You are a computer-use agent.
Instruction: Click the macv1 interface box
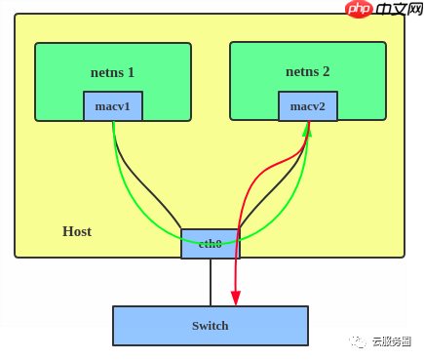113,106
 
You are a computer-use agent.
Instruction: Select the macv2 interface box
308,106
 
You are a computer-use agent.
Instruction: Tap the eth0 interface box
210,244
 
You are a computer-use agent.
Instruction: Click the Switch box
211,326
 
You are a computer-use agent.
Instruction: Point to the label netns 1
113,71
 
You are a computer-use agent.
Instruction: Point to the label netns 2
308,71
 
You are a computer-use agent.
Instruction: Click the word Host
77,231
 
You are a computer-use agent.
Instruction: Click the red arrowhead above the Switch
235,298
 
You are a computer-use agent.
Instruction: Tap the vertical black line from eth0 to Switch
211,282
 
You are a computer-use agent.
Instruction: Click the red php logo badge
359,9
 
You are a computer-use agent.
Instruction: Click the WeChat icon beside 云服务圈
360,341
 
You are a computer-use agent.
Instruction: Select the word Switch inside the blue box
211,326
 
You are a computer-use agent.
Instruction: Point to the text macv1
113,106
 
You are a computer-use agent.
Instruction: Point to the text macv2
308,106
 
